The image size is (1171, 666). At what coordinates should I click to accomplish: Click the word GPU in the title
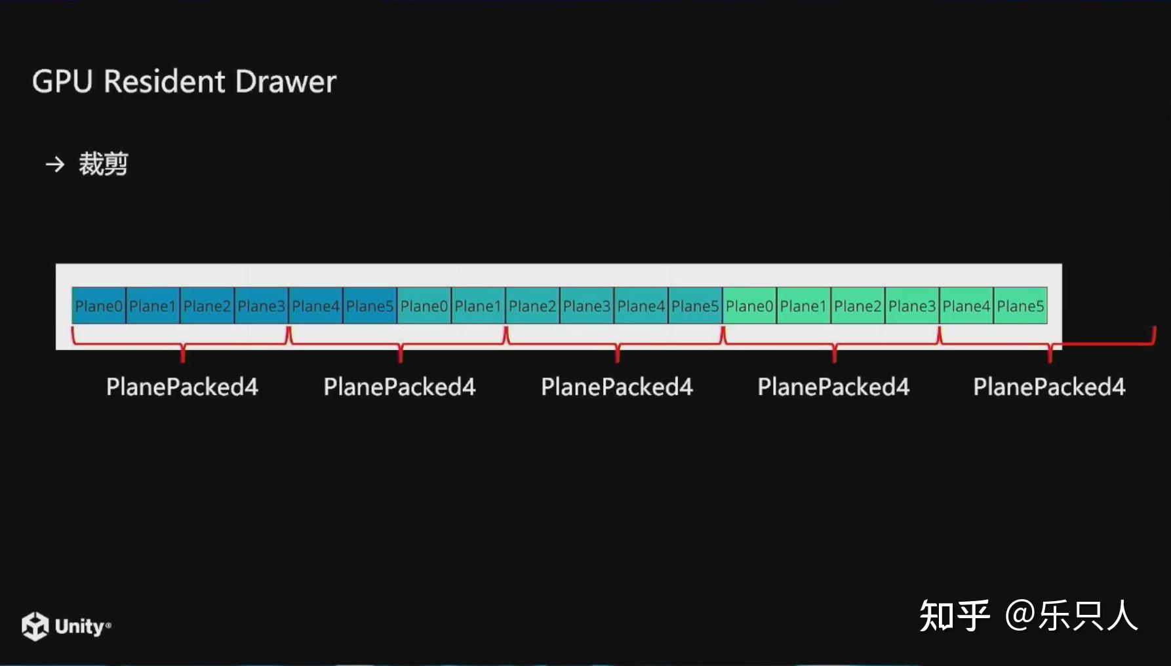tap(62, 82)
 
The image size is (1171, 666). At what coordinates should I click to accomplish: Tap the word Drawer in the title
tap(285, 82)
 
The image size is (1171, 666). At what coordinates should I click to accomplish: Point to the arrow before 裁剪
tap(55, 164)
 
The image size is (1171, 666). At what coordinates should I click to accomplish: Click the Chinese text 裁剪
tap(103, 164)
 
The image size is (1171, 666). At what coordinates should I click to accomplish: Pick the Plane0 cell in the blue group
tap(98, 306)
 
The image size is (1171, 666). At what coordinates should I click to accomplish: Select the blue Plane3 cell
tap(261, 306)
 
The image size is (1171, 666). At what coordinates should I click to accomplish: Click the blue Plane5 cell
tap(370, 306)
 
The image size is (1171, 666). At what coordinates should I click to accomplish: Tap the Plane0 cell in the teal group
tap(424, 306)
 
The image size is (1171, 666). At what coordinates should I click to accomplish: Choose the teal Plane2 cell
tap(532, 306)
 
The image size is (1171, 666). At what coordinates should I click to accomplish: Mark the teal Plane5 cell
tap(695, 306)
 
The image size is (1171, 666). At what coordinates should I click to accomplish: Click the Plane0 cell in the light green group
tap(749, 306)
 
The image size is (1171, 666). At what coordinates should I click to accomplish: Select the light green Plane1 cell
tap(804, 306)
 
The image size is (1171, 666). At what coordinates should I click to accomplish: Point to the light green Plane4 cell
tap(966, 306)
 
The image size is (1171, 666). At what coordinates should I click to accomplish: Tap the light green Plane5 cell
tap(1021, 306)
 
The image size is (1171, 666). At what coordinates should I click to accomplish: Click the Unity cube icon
tap(35, 626)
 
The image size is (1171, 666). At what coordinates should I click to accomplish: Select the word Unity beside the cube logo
tap(79, 627)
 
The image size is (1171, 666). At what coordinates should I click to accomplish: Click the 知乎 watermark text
tap(954, 616)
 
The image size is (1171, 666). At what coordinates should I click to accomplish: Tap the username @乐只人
tap(1071, 616)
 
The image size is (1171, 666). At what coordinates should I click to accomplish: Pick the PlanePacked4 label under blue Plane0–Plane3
tap(182, 387)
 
